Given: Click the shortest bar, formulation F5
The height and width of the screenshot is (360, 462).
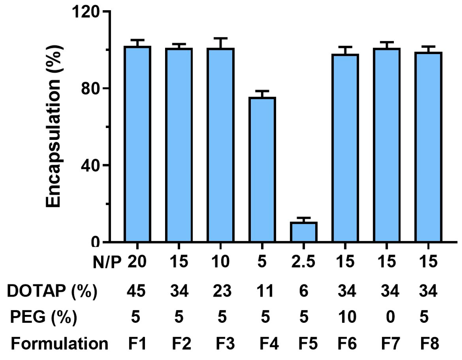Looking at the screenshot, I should (x=304, y=232).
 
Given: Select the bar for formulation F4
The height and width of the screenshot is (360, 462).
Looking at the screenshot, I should (x=262, y=170).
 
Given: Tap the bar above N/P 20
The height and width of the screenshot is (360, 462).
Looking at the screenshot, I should (x=137, y=144).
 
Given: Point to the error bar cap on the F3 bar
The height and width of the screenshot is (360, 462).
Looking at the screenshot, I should (x=220, y=38).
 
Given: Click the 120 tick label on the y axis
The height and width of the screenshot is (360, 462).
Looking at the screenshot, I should (x=85, y=12).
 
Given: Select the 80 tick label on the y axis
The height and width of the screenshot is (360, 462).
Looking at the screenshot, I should (x=90, y=88).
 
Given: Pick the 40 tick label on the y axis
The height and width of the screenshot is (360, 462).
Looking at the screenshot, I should (x=90, y=165).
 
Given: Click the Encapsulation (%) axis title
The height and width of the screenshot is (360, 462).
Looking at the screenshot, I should (x=53, y=126).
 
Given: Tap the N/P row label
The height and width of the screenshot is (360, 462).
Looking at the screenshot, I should (x=107, y=263).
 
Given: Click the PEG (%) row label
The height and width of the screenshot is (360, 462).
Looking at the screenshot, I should (x=44, y=317).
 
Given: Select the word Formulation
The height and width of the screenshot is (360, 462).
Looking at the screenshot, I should (x=60, y=344).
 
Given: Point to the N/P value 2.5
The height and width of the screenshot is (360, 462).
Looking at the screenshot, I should (x=303, y=262).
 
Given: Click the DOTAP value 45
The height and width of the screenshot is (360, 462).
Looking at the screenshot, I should (x=136, y=291).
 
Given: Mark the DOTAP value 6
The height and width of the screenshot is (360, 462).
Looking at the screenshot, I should (x=304, y=291).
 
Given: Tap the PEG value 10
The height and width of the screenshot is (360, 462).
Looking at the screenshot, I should (x=347, y=317).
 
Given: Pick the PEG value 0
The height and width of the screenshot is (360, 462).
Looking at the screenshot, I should (x=390, y=317).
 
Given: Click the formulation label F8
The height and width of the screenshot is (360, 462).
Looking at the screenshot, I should (x=429, y=344).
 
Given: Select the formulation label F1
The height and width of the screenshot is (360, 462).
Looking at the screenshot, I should (x=137, y=344).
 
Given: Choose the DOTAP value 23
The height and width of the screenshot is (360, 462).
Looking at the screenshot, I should (x=222, y=291).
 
